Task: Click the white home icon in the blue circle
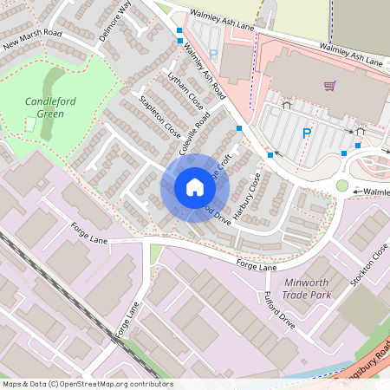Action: pyautogui.click(x=194, y=187)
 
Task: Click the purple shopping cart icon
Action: pyautogui.click(x=329, y=85)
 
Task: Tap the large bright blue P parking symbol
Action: pyautogui.click(x=306, y=133)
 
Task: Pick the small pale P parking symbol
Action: pyautogui.click(x=212, y=54)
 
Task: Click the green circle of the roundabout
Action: pyautogui.click(x=342, y=185)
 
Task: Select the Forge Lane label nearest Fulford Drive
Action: pyautogui.click(x=257, y=264)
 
